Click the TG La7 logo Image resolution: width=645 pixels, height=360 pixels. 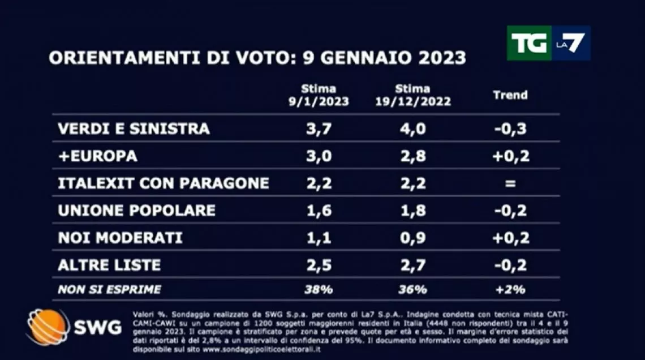pos(548,43)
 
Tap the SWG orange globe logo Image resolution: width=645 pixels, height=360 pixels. pos(48,327)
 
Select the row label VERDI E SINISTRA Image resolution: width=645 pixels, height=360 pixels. pos(134,128)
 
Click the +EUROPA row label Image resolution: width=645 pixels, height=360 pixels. pos(97,156)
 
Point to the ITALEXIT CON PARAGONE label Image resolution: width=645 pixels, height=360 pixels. pos(163,183)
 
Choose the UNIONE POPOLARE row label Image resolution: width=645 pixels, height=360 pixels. pos(136,211)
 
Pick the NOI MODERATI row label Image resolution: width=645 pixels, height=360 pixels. pos(120,238)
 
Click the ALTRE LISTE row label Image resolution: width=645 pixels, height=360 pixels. pos(109,265)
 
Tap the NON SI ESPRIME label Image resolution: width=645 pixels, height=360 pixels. pos(109,290)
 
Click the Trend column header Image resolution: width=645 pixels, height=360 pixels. pos(510,95)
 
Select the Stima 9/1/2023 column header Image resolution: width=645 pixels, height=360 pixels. pos(317,95)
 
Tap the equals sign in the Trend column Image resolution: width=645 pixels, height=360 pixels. pos(510,183)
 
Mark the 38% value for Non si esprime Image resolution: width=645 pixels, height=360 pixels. pos(319,290)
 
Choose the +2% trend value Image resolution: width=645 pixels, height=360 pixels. pos(510,290)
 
